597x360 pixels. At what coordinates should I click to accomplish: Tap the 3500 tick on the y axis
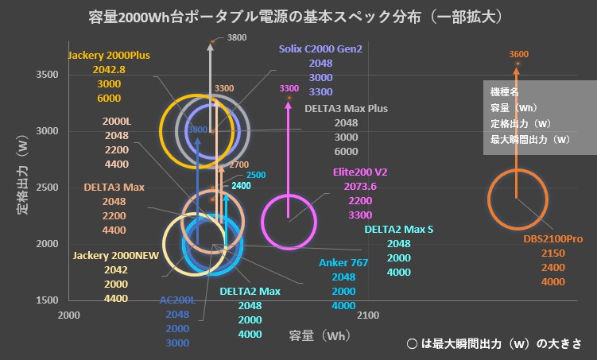pyautogui.click(x=47, y=75)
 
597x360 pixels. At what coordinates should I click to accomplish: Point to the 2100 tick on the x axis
pyautogui.click(x=367, y=315)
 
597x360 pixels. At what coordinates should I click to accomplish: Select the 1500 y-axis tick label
pyautogui.click(x=47, y=300)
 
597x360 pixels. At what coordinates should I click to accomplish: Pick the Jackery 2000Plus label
pyautogui.click(x=109, y=56)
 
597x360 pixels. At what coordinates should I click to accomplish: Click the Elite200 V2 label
pyautogui.click(x=360, y=172)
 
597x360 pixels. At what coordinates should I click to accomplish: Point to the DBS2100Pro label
pyautogui.click(x=553, y=238)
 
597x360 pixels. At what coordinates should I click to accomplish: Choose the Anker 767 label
pyautogui.click(x=343, y=262)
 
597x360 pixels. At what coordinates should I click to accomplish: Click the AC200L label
pyautogui.click(x=177, y=300)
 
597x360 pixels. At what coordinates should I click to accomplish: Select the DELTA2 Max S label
pyautogui.click(x=399, y=230)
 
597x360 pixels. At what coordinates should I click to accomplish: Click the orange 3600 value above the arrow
pyautogui.click(x=518, y=55)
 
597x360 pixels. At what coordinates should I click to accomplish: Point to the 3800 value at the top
pyautogui.click(x=237, y=37)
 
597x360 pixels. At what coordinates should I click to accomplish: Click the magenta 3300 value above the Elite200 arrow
pyautogui.click(x=289, y=87)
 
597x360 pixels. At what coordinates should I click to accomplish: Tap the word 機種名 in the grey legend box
pyautogui.click(x=504, y=91)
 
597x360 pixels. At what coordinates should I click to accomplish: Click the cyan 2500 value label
pyautogui.click(x=256, y=175)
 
